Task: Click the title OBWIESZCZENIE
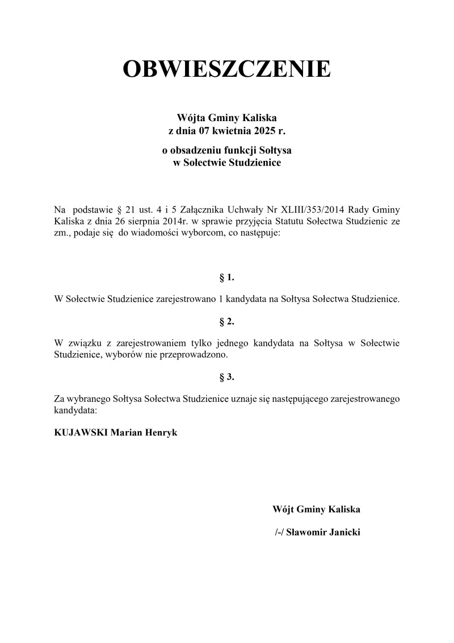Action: coord(227,69)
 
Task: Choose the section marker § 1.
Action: coord(226,278)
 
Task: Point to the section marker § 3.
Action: coord(226,377)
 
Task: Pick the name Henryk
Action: coord(161,433)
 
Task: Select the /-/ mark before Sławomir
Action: coord(278,533)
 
